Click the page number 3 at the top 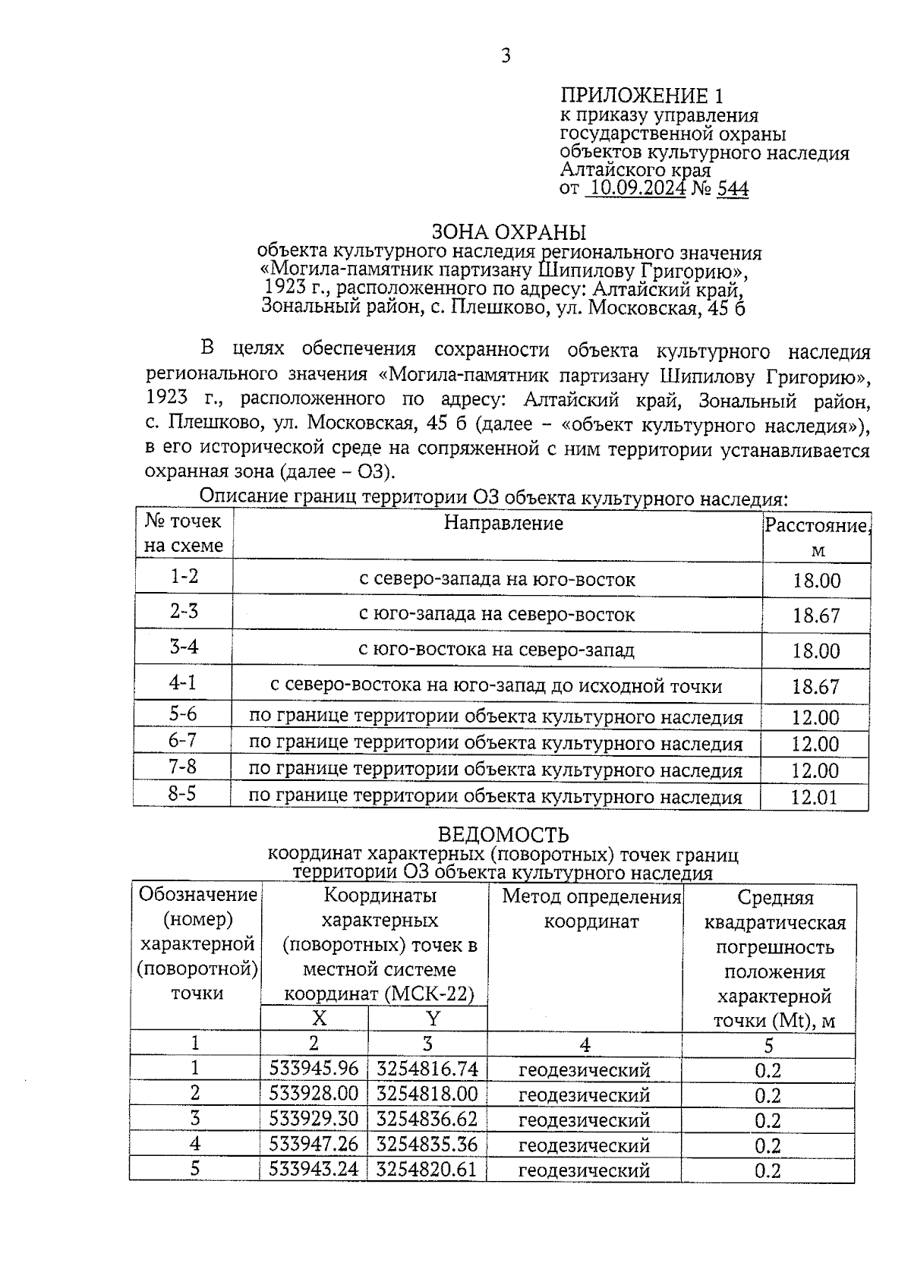click(x=505, y=55)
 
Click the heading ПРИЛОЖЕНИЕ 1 click(x=641, y=96)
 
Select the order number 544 click(x=733, y=189)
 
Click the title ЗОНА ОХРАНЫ click(x=508, y=231)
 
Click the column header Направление click(x=503, y=523)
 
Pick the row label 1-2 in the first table click(x=184, y=577)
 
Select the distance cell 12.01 click(x=815, y=797)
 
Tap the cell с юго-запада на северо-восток click(x=496, y=614)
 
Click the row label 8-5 click(x=182, y=794)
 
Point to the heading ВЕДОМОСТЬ click(x=503, y=836)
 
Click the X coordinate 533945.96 click(x=314, y=1069)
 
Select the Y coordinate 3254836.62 click(x=427, y=1120)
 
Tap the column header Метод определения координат click(x=591, y=909)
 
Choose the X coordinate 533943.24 click(x=314, y=1169)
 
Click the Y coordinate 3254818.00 click(x=427, y=1094)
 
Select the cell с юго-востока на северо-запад click(x=496, y=650)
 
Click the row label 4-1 click(x=183, y=682)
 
